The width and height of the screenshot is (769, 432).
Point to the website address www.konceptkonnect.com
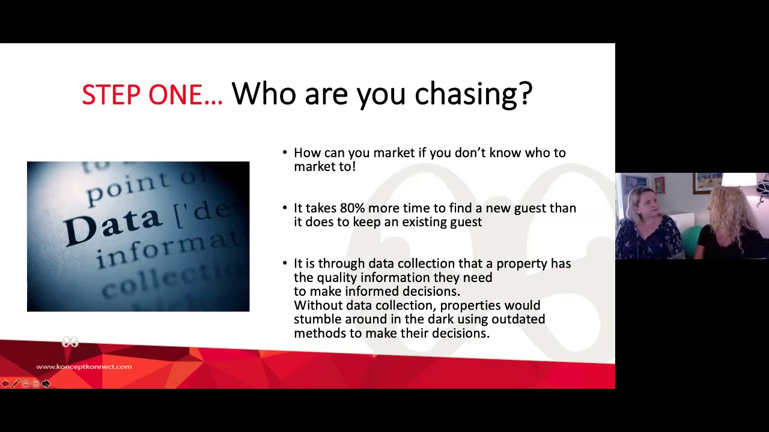click(84, 367)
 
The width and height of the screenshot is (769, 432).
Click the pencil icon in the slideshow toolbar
click(15, 383)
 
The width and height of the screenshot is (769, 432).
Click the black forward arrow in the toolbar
click(46, 383)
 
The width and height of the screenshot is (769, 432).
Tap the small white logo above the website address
click(70, 343)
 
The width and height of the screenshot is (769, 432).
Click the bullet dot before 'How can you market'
click(285, 153)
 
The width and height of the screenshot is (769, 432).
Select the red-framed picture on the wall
click(660, 184)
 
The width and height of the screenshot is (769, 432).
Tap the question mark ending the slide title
click(524, 95)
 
